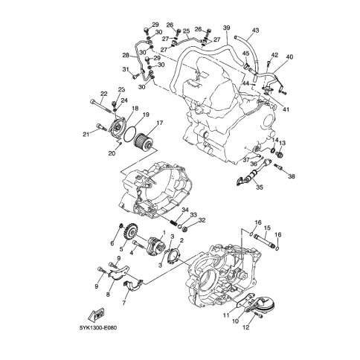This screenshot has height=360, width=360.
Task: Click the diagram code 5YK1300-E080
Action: pyautogui.click(x=98, y=328)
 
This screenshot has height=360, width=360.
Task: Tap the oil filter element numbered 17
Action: pyautogui.click(x=143, y=141)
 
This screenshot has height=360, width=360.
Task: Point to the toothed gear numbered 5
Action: pyautogui.click(x=131, y=231)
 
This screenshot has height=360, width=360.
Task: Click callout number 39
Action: pyautogui.click(x=226, y=28)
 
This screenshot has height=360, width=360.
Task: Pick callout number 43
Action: pyautogui.click(x=255, y=30)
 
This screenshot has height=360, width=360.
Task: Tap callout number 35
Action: pyautogui.click(x=260, y=187)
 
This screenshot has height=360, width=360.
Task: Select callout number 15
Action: pyautogui.click(x=267, y=228)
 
